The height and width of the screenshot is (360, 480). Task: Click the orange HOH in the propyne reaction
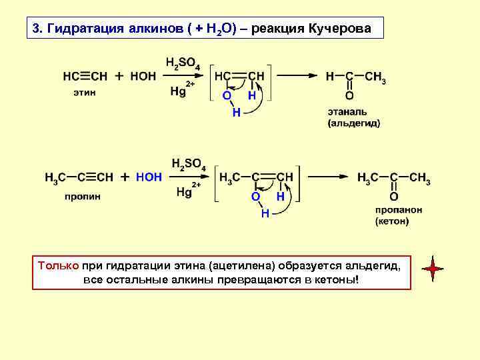point(149,177)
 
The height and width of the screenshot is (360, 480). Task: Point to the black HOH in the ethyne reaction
point(143,75)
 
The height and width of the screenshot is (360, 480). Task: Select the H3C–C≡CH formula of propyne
point(79,178)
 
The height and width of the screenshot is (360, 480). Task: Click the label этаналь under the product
point(347,111)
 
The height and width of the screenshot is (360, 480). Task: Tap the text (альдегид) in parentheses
point(353,123)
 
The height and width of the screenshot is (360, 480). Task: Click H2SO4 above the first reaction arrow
point(181,63)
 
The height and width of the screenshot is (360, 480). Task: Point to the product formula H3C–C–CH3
point(393,178)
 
